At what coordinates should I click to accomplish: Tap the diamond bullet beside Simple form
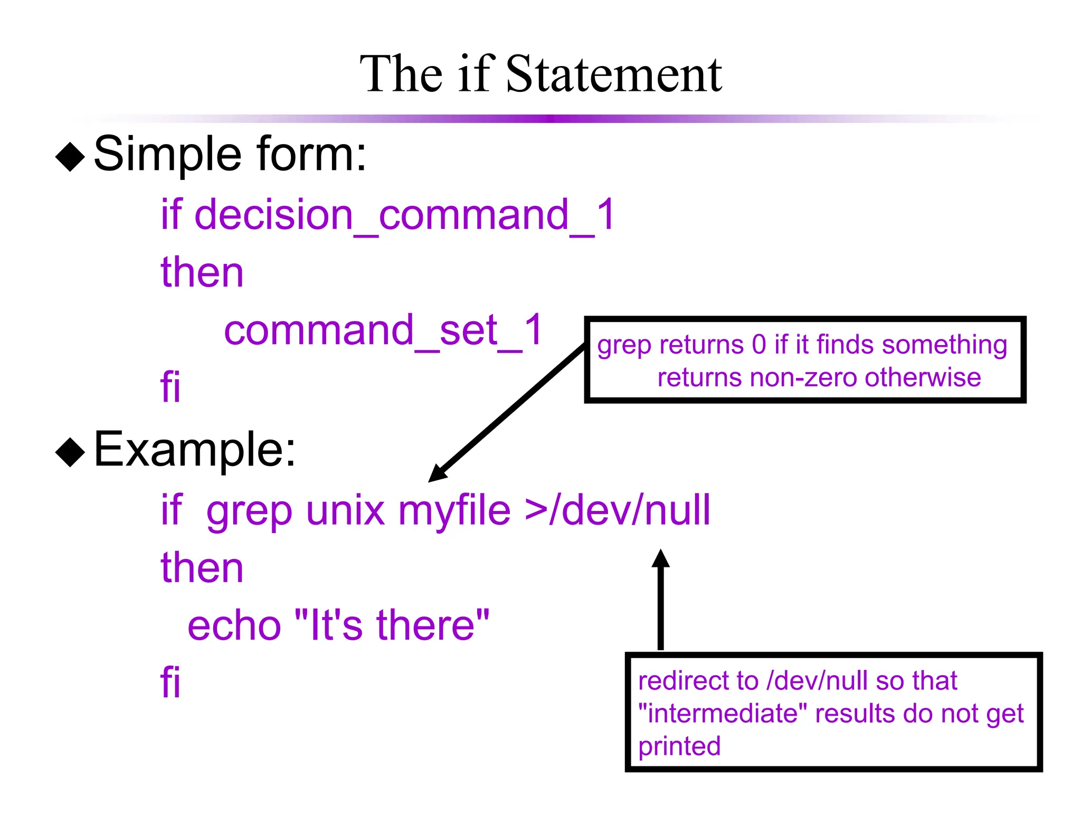70,157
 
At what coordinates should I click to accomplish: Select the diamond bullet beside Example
70,452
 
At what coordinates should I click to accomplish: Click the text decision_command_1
404,215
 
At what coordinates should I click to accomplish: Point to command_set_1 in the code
384,331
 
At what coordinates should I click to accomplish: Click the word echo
234,625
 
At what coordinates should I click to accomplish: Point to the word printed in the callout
679,746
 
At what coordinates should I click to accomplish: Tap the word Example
195,450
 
